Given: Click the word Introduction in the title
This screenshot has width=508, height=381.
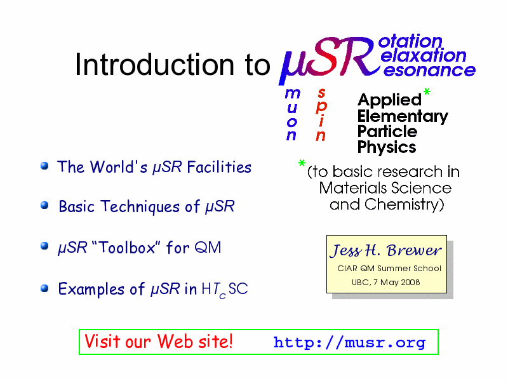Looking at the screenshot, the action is tap(154, 64).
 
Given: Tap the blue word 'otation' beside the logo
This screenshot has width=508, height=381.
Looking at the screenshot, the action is tap(410, 41).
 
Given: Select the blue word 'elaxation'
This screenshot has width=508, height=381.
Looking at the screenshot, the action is tap(423, 56).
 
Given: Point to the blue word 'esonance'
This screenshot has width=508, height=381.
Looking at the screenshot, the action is tap(429, 70).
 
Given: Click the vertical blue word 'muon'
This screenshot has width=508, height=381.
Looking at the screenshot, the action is tap(292, 114).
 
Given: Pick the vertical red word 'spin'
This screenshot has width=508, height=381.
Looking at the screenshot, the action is tap(321, 114).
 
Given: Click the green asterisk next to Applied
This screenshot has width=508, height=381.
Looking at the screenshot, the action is tap(427, 91).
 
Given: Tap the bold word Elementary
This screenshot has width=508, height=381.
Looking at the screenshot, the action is tap(403, 117).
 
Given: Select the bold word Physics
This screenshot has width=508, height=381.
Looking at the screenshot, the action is tap(387, 147).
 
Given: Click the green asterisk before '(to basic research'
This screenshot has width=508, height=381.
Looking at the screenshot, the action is tap(302, 163).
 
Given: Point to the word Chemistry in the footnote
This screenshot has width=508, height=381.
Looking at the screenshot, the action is tap(404, 204).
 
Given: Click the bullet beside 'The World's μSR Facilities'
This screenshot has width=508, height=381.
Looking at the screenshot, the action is tap(44, 166).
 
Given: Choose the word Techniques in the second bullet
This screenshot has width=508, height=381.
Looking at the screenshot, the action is tap(140, 206).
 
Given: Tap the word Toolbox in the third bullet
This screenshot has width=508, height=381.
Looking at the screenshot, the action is tap(127, 247).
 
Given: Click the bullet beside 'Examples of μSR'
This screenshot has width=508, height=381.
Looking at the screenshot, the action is tap(44, 288).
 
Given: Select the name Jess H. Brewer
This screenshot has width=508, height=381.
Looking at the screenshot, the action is tap(385, 250).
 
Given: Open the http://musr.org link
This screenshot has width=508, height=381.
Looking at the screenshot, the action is tap(350, 342).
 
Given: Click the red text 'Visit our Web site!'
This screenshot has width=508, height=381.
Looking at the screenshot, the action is tap(158, 341).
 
